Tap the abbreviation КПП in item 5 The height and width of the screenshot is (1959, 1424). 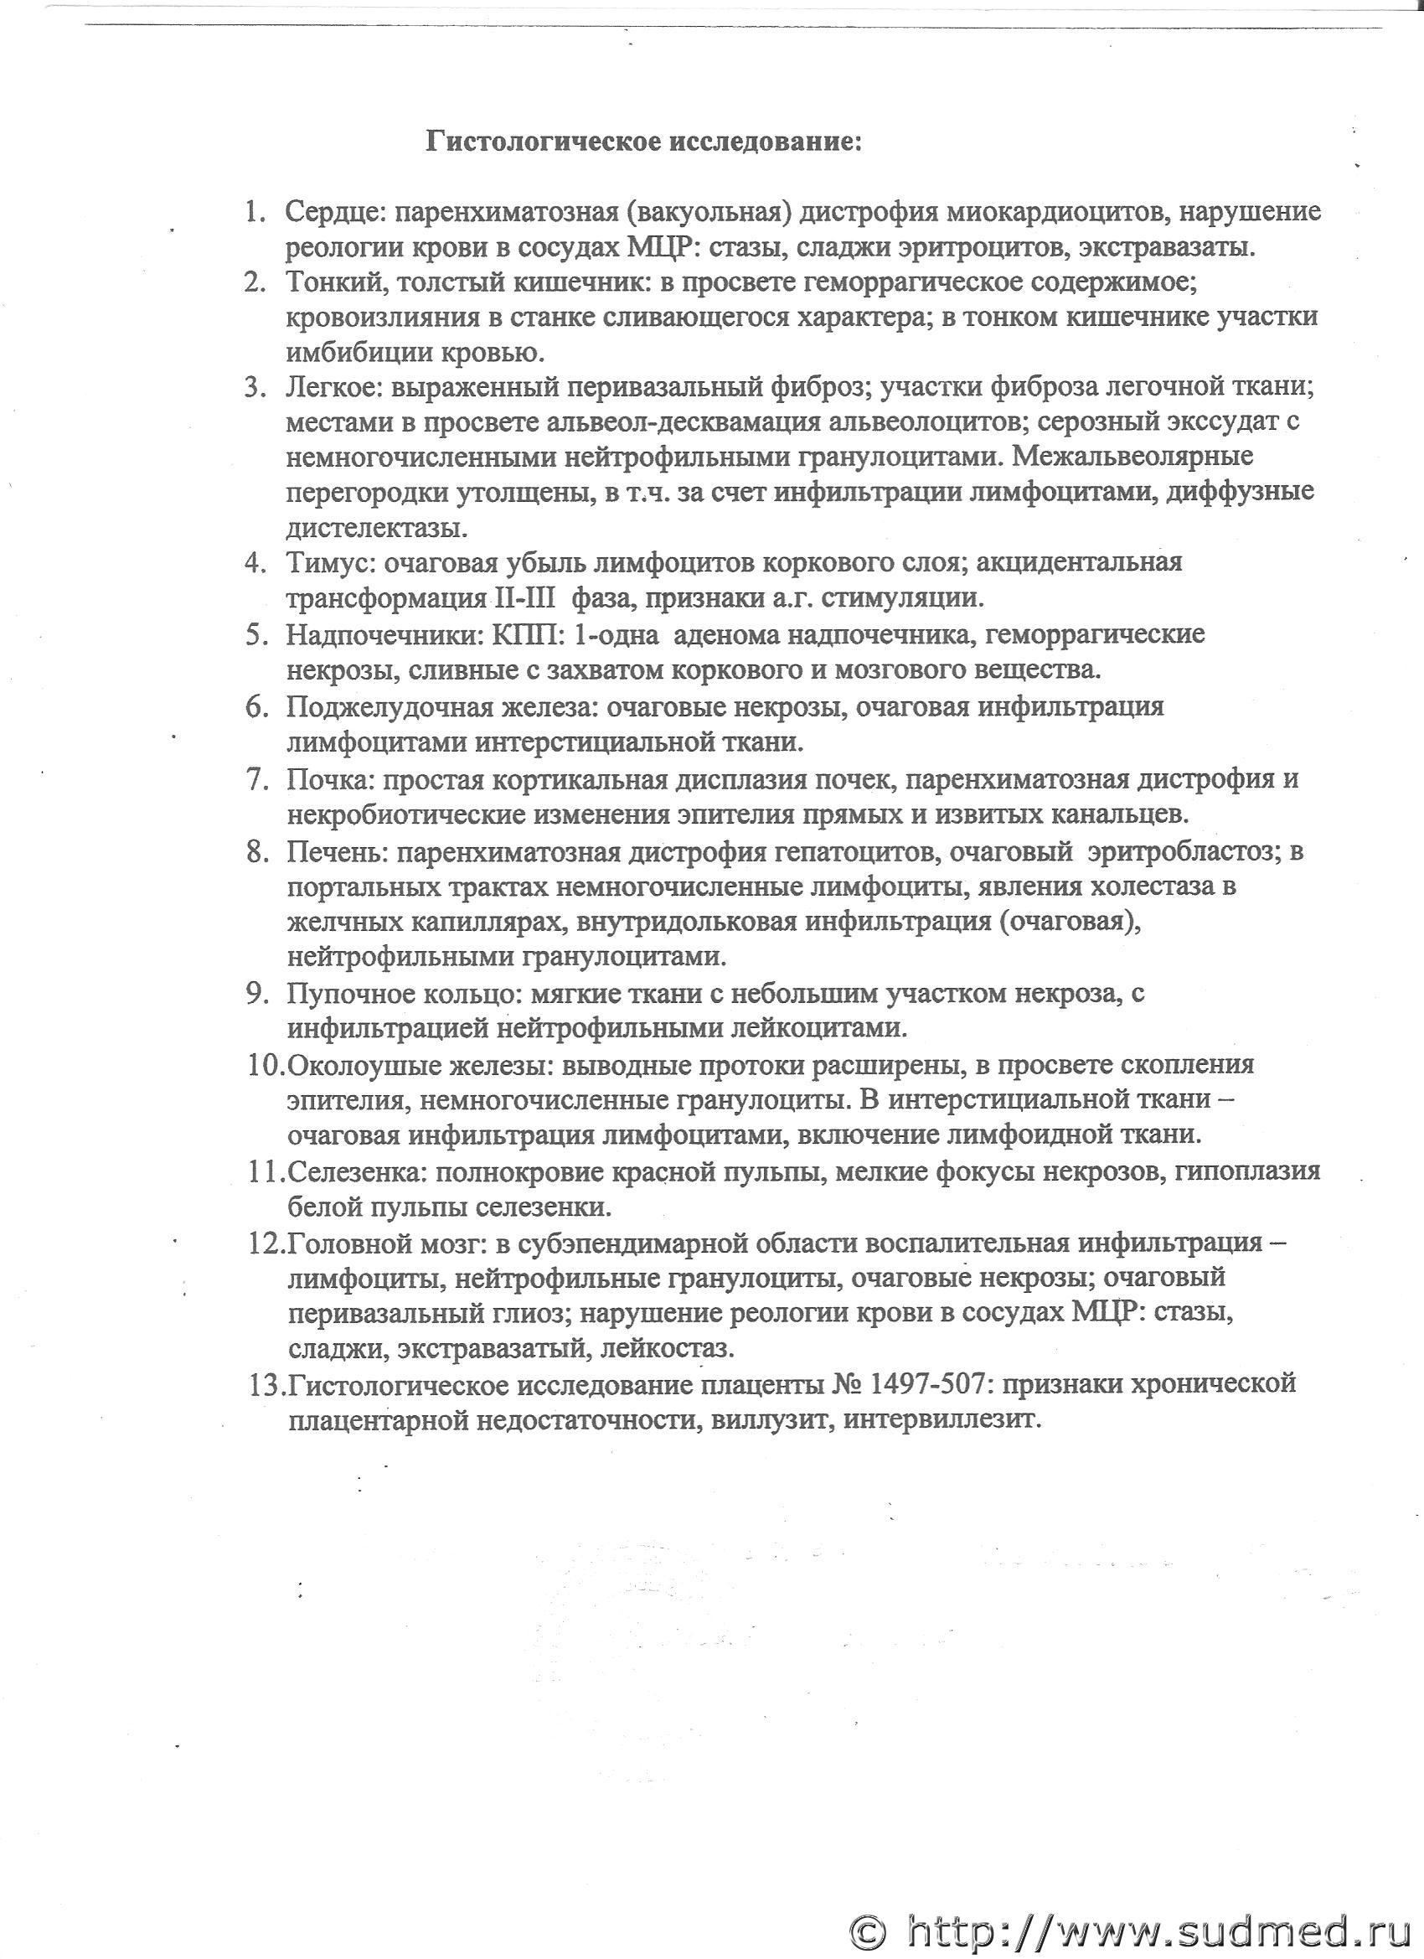526,634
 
